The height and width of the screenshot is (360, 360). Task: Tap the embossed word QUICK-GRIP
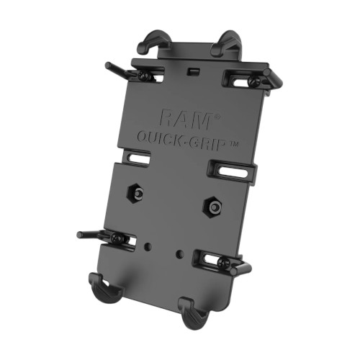181,143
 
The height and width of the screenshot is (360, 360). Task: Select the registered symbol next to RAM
217,117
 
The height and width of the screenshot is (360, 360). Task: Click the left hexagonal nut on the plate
135,192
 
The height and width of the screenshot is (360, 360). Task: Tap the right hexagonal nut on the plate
212,207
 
